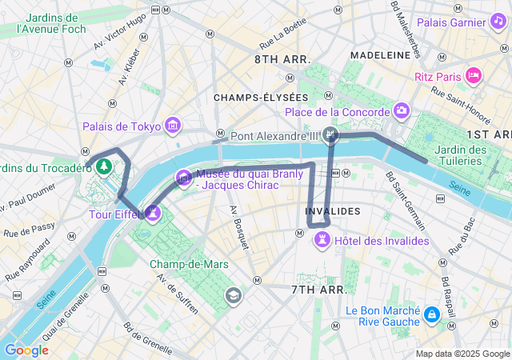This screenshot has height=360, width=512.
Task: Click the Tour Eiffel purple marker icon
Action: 153,213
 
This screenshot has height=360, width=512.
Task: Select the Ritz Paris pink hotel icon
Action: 474,76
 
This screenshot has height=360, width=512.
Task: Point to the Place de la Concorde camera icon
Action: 402,110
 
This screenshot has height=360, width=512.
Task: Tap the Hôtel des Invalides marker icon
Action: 322,240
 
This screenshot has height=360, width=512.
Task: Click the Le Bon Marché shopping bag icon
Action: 432,315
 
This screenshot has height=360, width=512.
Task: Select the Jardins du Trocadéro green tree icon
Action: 103,166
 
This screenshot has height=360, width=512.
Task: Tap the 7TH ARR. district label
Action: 318,289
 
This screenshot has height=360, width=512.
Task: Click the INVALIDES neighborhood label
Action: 333,211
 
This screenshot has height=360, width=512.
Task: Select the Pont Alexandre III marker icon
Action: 330,136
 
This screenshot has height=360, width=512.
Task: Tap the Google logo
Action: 26,350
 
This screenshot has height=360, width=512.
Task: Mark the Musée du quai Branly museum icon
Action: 184,176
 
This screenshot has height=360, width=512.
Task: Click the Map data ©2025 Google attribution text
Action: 462,354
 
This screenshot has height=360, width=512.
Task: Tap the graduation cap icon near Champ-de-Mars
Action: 234,296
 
